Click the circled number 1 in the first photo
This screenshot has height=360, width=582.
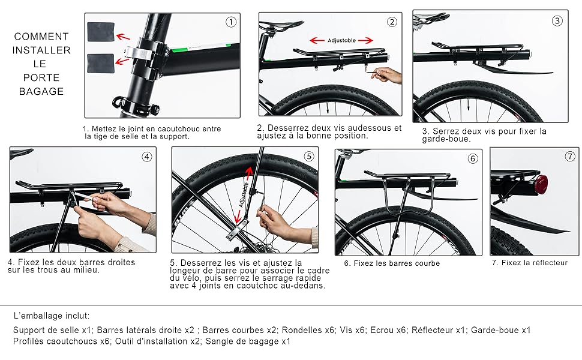click(x=231, y=22)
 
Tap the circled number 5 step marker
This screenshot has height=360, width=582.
click(x=309, y=156)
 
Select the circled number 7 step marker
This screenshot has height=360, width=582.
click(x=570, y=156)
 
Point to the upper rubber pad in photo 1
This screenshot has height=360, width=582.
click(x=101, y=32)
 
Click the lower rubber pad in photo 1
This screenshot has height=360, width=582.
click(x=101, y=64)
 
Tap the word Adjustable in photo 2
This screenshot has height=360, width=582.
click(x=341, y=40)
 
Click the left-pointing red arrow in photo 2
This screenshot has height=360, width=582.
click(x=317, y=40)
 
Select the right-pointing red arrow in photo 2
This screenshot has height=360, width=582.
click(x=365, y=40)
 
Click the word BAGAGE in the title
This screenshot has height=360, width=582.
click(x=41, y=91)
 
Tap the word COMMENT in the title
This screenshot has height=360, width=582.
click(x=41, y=37)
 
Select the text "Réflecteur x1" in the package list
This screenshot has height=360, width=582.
click(x=439, y=330)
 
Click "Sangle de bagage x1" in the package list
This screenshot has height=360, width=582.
click(x=248, y=341)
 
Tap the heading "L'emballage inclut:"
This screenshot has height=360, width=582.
click(x=51, y=316)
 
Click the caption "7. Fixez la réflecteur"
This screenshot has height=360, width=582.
click(x=530, y=263)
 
